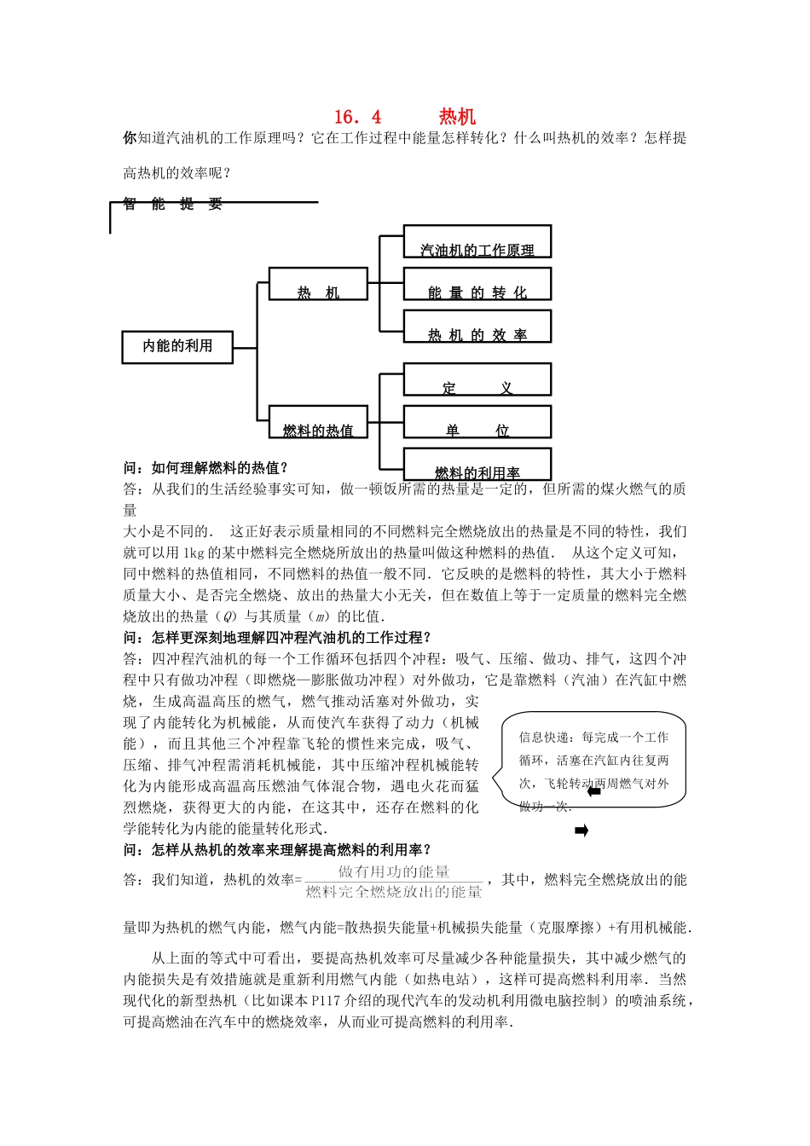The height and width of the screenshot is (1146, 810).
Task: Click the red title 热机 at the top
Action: point(457,117)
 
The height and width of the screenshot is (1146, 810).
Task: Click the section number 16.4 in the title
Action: point(358,117)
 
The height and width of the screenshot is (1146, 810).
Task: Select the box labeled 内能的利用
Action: point(177,346)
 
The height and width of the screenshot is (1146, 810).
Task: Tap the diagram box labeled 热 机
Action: point(318,284)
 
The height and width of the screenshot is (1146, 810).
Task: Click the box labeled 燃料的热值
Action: point(318,422)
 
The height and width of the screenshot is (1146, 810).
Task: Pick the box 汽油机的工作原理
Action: point(477,242)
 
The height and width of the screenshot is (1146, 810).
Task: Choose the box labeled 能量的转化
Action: point(477,285)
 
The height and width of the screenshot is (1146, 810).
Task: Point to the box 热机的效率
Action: point(477,327)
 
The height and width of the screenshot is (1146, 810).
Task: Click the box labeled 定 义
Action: point(477,380)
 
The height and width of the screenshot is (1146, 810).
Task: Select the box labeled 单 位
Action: point(477,423)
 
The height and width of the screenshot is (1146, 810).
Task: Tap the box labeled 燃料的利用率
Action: point(477,465)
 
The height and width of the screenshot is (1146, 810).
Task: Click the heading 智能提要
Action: point(172,204)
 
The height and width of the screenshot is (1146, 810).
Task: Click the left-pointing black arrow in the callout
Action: point(594,791)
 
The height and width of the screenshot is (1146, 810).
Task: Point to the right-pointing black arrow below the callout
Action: point(581,831)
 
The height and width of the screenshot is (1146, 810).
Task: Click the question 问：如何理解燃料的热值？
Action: point(206,467)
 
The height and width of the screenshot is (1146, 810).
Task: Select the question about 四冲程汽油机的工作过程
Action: point(277,638)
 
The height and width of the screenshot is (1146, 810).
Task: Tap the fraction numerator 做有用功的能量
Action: point(394,871)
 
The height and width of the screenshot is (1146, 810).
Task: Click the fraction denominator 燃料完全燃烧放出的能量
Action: point(394,892)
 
